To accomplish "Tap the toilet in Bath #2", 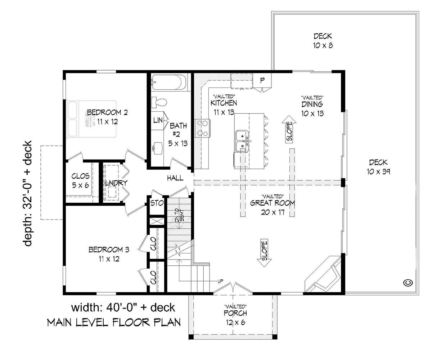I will coord(159,102).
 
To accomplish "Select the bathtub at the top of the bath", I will coord(168,82).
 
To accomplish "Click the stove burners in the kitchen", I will coord(202,128).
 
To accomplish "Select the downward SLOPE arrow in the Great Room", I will coord(264,253).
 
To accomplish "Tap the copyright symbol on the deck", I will coord(408,283).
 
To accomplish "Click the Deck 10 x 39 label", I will coord(379,167).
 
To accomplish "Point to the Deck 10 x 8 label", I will coord(323,41).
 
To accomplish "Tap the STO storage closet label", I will coord(157,203).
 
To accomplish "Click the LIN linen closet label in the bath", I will coord(158,120).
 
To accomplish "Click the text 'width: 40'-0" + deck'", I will coord(123,307).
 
